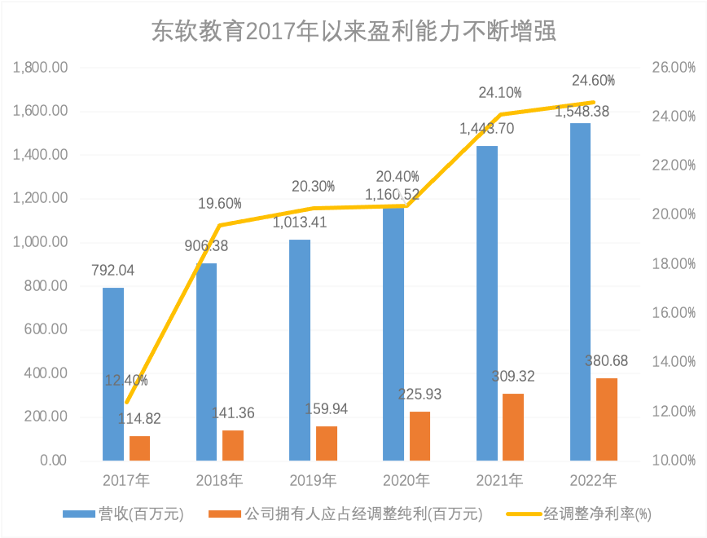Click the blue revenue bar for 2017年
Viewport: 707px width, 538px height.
pos(113,374)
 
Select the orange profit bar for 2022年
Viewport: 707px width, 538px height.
pos(607,419)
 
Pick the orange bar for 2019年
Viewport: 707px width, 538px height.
pos(327,443)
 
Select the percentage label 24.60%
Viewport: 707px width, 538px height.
pos(593,81)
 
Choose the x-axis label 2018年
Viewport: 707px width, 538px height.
pos(219,479)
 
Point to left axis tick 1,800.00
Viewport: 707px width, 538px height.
pos(40,68)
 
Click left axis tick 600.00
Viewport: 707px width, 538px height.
pos(46,329)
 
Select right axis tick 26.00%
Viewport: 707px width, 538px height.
pos(673,68)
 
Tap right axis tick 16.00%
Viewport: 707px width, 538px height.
pos(673,313)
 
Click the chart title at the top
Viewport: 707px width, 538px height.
pos(353,32)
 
